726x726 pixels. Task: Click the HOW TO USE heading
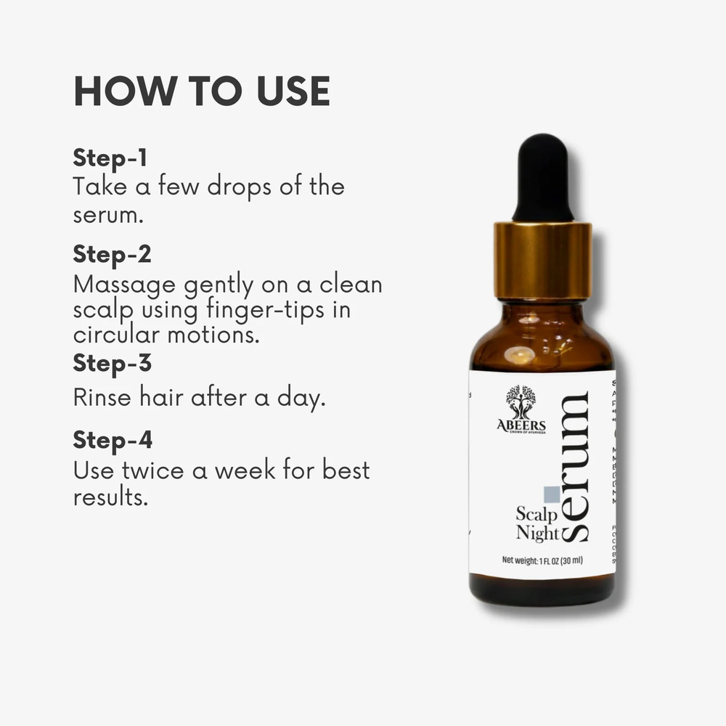click(x=202, y=91)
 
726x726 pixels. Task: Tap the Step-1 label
click(x=110, y=158)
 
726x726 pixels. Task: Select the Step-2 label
click(x=112, y=255)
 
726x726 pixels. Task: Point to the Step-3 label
click(x=112, y=362)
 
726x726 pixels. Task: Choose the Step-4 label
click(x=113, y=440)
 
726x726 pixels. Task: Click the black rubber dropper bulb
click(x=542, y=178)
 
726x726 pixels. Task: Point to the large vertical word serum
click(x=575, y=465)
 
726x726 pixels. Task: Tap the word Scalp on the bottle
click(x=536, y=514)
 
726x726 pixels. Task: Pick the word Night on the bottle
click(x=537, y=534)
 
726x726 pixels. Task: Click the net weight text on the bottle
click(x=542, y=560)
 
